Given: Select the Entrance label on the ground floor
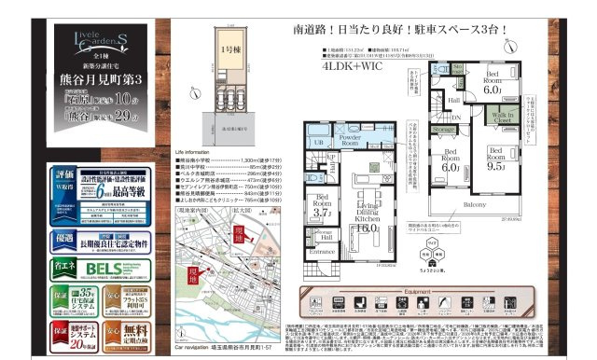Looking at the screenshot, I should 322,251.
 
